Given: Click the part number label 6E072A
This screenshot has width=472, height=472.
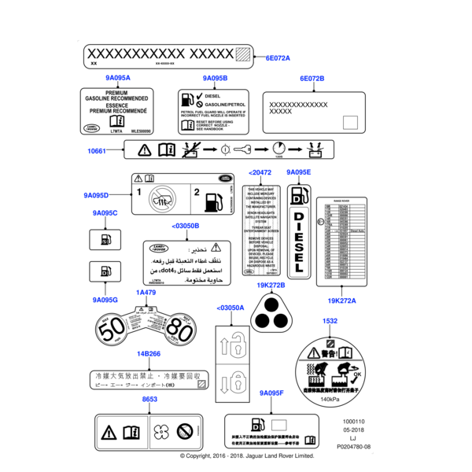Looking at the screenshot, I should [278, 58].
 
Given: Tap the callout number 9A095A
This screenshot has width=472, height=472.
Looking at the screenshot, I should [117, 78].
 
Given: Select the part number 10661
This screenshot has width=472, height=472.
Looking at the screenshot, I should [96, 150].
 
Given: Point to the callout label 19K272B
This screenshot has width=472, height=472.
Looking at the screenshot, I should [271, 285].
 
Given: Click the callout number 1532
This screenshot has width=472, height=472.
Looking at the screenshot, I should [330, 321].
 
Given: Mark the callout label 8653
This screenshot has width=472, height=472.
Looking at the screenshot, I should [149, 400].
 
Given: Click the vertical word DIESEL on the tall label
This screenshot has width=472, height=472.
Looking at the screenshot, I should [299, 245].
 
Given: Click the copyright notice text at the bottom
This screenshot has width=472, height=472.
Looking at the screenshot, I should [247, 455].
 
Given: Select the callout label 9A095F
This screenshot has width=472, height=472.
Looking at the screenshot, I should [271, 392].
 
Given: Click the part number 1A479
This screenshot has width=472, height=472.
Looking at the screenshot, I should [146, 293].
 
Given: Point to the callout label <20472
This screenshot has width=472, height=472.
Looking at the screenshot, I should [260, 172].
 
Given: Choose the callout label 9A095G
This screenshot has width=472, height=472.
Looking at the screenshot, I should [105, 300].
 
